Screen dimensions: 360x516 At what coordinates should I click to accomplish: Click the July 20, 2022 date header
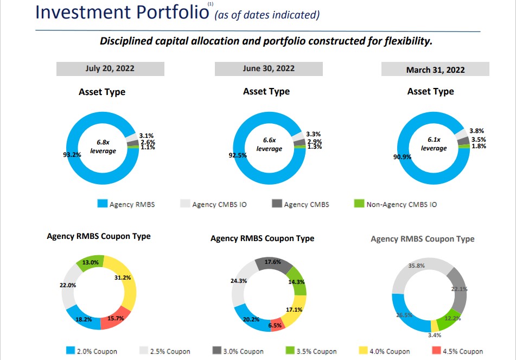coord(110,69)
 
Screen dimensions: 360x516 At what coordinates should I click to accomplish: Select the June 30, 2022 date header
coord(269,68)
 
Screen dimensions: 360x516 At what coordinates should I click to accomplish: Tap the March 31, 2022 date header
coord(435,70)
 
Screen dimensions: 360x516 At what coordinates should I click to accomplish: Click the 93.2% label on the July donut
coord(72,155)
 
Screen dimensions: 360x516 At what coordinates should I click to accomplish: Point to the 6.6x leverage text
coord(269,144)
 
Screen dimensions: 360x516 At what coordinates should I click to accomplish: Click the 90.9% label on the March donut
coord(402,157)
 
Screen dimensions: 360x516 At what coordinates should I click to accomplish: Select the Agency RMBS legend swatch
coord(102,204)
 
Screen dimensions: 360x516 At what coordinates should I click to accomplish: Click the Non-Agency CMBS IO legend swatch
coord(358,204)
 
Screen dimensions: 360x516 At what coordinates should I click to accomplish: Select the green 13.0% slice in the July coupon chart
coord(91,262)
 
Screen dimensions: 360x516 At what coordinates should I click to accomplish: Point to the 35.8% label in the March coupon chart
coord(416,266)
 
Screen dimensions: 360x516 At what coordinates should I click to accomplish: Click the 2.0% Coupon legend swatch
coord(71,351)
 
